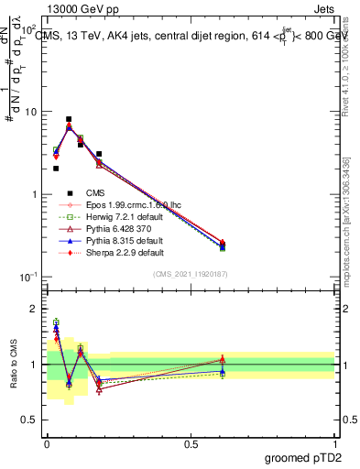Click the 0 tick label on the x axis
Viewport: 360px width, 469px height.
point(46,442)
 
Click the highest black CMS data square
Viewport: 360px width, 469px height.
point(69,119)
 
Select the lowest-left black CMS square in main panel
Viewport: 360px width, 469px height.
point(56,169)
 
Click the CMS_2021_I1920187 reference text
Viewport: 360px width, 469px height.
point(191,273)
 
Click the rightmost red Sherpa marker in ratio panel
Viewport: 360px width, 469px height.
point(223,359)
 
